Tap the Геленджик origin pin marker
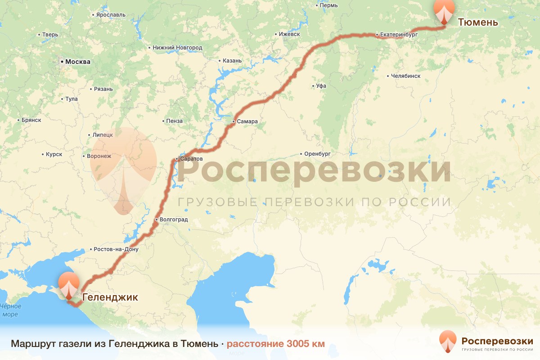(x=69, y=285)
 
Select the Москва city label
(x=77, y=62)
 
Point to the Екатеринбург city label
(x=399, y=34)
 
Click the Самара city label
(x=247, y=121)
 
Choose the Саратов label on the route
(x=191, y=159)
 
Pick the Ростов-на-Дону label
(x=116, y=249)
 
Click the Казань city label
(x=232, y=61)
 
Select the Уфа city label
(x=321, y=85)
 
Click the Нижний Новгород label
(x=177, y=47)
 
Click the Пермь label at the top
(x=328, y=5)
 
